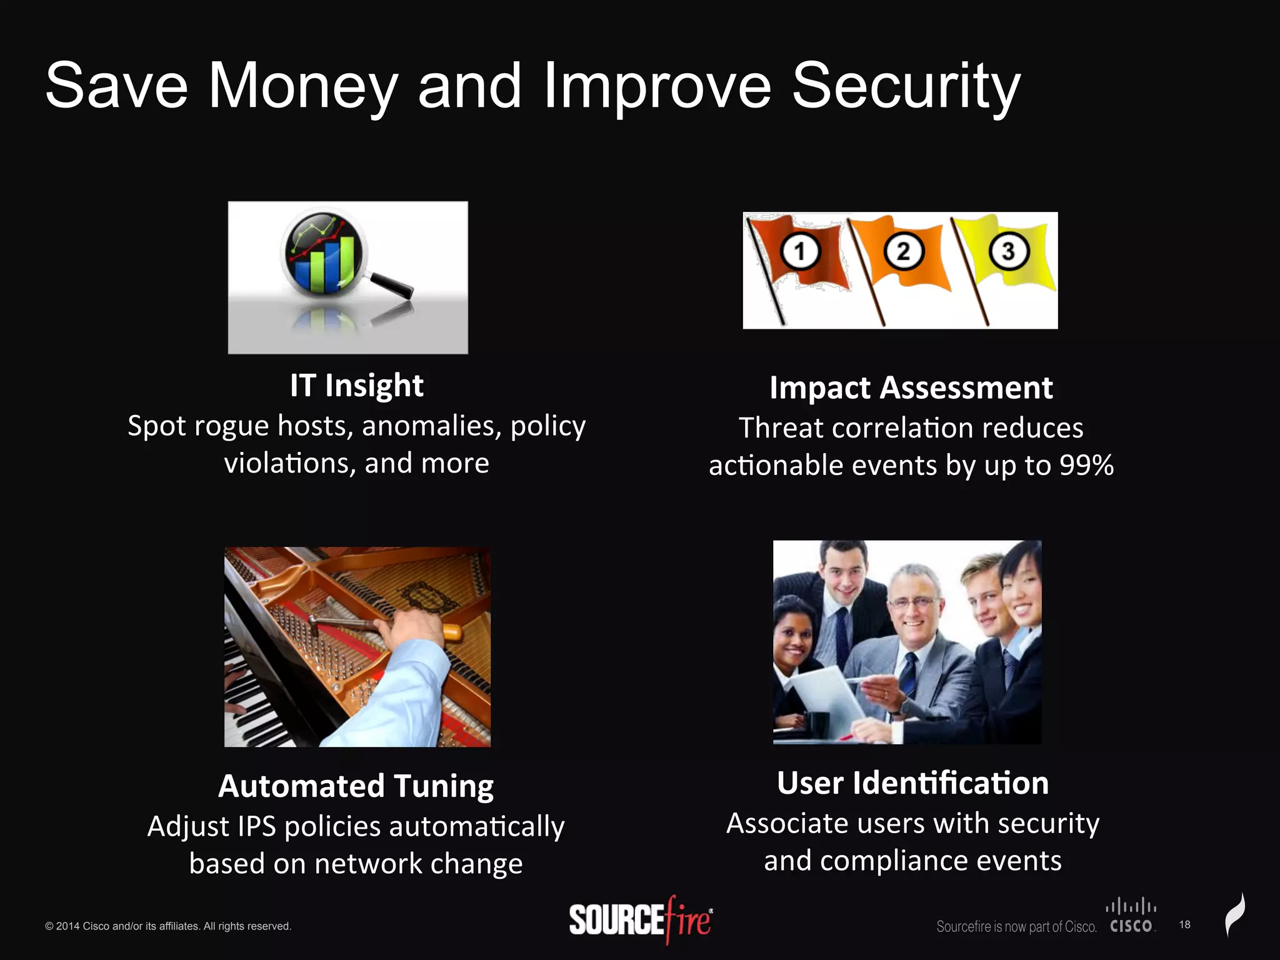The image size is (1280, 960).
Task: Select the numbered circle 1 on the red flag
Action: coord(799,251)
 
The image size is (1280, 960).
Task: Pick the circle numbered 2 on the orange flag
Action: coord(903,251)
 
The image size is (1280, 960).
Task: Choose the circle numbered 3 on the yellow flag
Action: coord(1007,251)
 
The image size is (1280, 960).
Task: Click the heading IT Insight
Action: coord(356,386)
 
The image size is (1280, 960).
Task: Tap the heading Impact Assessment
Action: coord(911,388)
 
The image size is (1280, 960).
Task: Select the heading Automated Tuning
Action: coord(356,786)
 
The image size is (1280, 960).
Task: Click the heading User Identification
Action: coord(912,783)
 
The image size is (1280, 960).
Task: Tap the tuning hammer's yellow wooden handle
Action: coord(451,632)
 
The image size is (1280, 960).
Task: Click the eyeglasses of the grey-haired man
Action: coord(914,602)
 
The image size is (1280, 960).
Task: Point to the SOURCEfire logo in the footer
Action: coord(641,920)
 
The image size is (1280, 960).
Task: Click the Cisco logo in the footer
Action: coord(1131,916)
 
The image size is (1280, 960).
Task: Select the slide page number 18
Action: coord(1184,924)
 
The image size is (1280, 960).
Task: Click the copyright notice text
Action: coord(168,926)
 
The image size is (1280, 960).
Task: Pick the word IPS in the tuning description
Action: coord(257,827)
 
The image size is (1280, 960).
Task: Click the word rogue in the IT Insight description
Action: coord(231,427)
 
